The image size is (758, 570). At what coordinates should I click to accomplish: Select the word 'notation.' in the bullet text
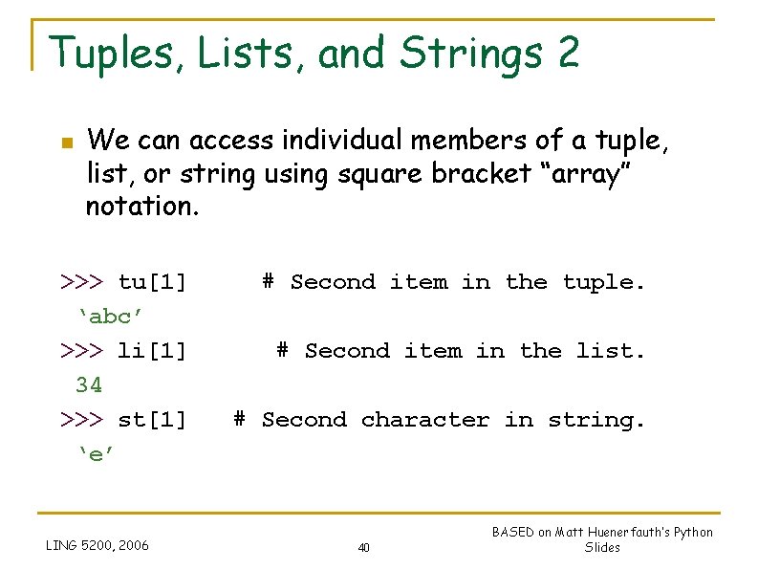pyautogui.click(x=142, y=207)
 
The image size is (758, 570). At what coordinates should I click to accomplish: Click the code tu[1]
pyautogui.click(x=152, y=282)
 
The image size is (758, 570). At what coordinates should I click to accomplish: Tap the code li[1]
pyautogui.click(x=152, y=351)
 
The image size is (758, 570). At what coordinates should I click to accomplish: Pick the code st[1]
pyautogui.click(x=152, y=420)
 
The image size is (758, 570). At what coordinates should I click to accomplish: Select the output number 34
pyautogui.click(x=89, y=385)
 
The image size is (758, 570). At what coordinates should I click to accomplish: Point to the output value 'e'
pyautogui.click(x=96, y=454)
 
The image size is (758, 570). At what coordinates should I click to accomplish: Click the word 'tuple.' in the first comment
pyautogui.click(x=604, y=282)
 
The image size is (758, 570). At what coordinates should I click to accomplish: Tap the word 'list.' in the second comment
pyautogui.click(x=611, y=351)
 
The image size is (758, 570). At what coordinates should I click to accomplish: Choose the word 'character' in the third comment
pyautogui.click(x=425, y=420)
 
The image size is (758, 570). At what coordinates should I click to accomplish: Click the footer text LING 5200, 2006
pyautogui.click(x=97, y=546)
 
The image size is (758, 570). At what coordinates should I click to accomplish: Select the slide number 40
pyautogui.click(x=363, y=548)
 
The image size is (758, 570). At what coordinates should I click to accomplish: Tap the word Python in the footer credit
pyautogui.click(x=693, y=533)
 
